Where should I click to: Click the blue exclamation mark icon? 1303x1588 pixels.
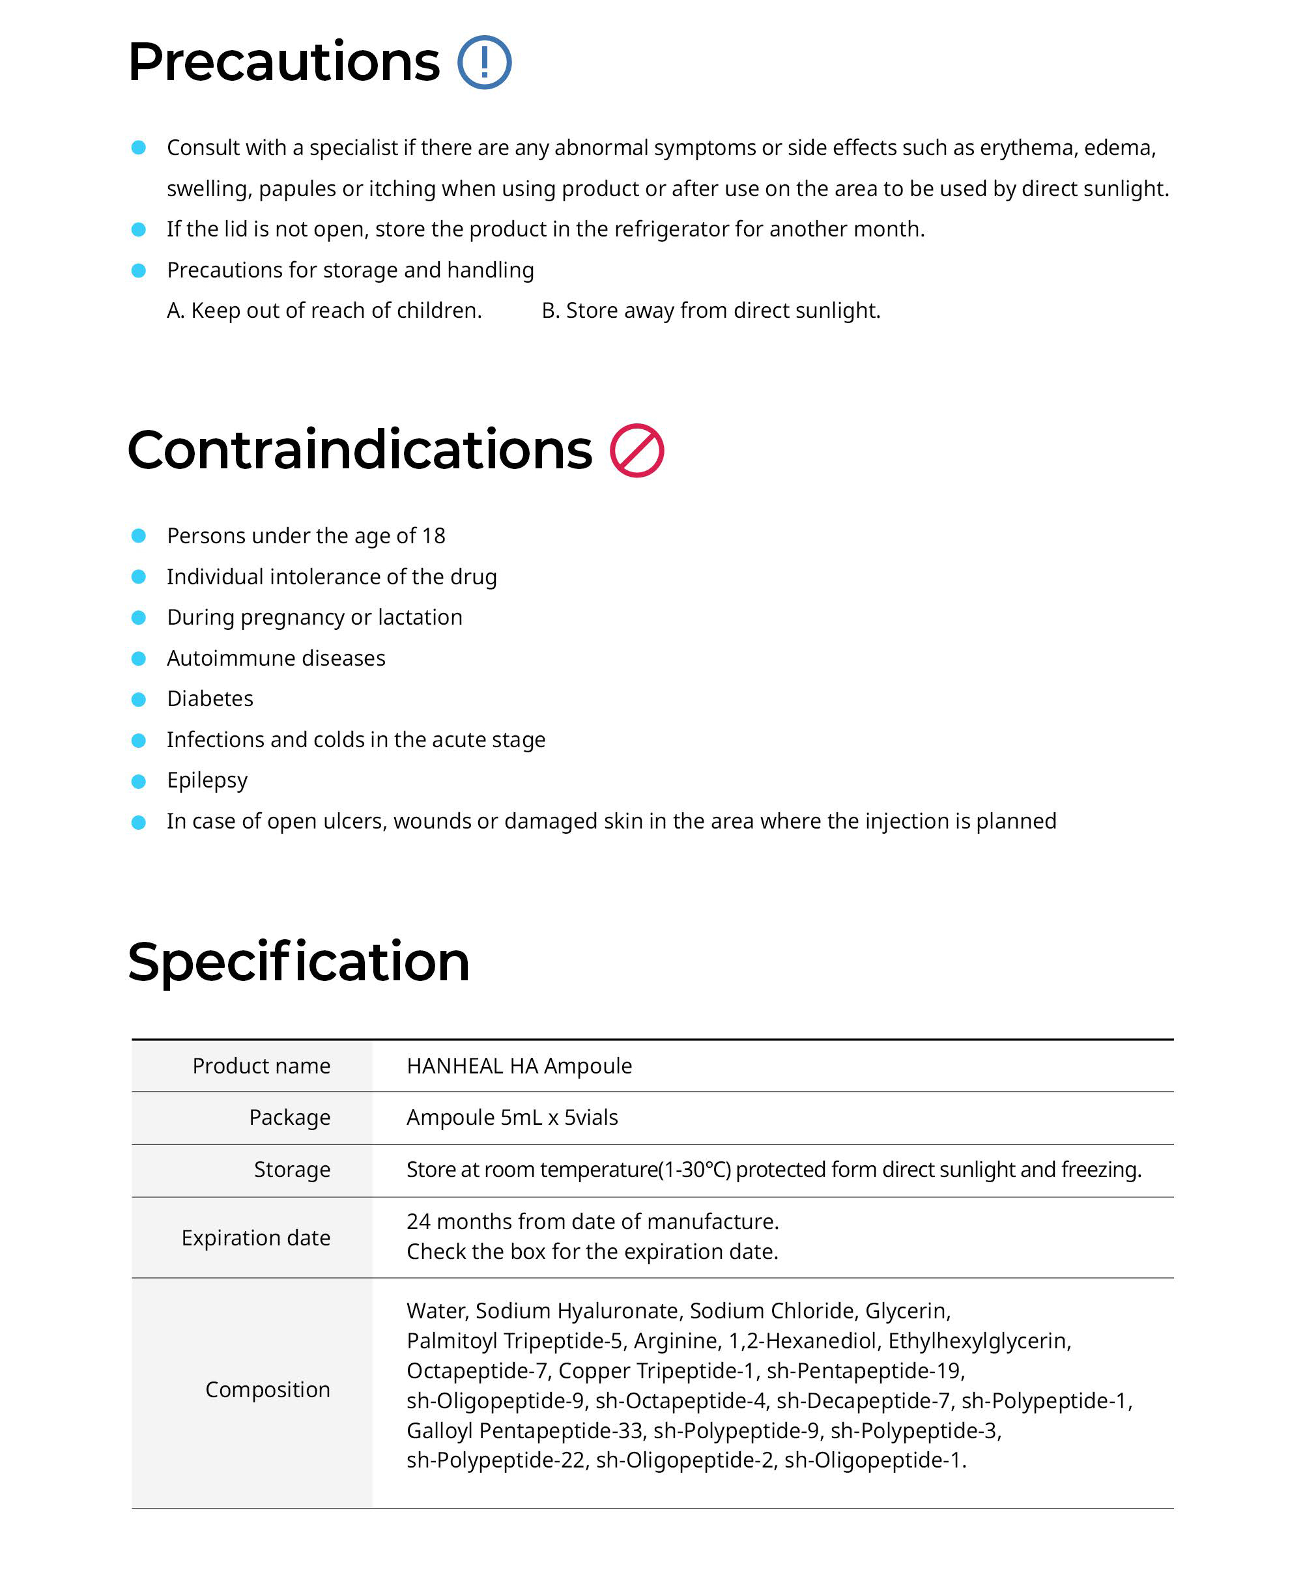pos(484,63)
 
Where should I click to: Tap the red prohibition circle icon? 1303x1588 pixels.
pos(637,450)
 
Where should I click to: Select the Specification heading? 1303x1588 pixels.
pos(298,961)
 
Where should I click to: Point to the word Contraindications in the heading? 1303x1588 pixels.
pos(360,450)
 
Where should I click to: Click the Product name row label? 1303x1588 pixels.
pos(261,1066)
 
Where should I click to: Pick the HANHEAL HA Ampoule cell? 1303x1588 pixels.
pos(519,1066)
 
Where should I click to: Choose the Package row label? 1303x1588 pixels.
pos(289,1118)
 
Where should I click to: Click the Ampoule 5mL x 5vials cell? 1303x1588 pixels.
pos(512,1118)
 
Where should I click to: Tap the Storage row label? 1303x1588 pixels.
pos(292,1169)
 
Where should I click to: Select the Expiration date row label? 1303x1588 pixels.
pos(255,1238)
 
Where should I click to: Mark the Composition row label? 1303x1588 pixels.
pos(267,1389)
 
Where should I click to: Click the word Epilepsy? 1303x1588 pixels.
pos(207,780)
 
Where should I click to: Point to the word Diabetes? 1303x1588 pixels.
pos(210,699)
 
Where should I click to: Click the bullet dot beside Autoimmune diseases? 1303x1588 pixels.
pos(139,658)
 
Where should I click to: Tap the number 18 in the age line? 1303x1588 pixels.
pos(433,536)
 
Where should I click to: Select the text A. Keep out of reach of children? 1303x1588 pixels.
pos(324,311)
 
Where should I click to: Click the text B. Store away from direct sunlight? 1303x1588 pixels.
pos(711,311)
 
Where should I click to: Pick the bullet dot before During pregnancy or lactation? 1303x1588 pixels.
pos(139,617)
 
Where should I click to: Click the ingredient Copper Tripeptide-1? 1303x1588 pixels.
pos(656,1370)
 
